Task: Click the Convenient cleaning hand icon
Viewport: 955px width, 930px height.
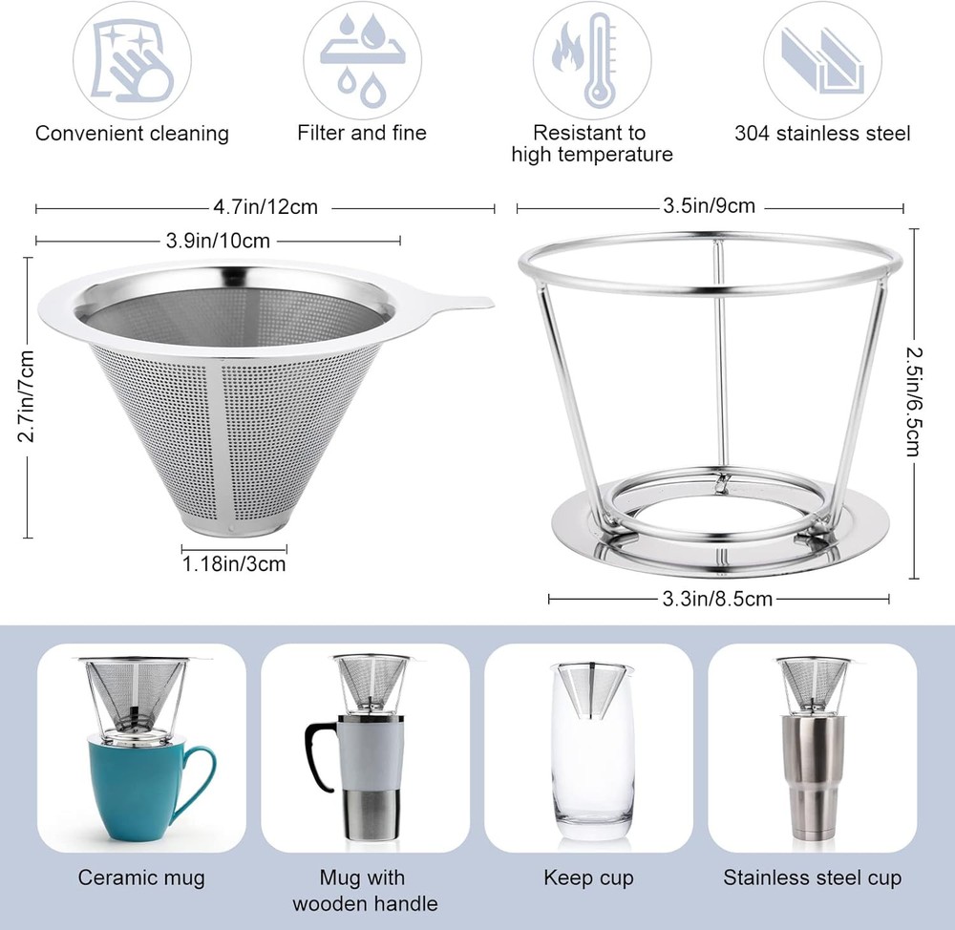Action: point(132,61)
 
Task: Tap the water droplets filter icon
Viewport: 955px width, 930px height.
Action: point(362,60)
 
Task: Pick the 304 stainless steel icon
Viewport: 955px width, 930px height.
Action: point(822,61)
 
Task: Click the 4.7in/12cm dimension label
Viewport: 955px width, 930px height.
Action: point(265,207)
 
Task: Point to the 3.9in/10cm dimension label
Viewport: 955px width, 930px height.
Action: point(218,241)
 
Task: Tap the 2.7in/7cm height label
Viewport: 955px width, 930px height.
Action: point(26,396)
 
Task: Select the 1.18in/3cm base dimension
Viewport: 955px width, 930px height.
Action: point(234,564)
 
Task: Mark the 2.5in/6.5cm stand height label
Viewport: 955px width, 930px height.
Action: point(914,402)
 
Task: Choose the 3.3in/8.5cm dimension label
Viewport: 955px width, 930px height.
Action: point(717,600)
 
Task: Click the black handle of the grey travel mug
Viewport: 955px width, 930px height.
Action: point(319,755)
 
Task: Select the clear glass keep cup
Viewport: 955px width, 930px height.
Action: point(592,751)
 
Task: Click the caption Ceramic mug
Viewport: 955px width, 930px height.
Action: point(141,877)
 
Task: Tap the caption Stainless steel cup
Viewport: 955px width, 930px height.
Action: point(813,877)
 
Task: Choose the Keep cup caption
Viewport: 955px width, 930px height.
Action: point(589,878)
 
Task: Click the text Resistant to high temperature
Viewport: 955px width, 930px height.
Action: point(592,144)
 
